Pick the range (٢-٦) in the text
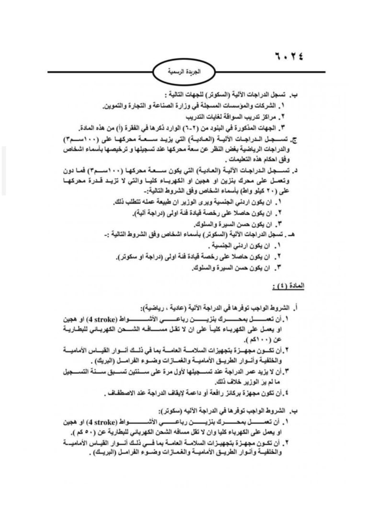(x=214, y=127)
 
